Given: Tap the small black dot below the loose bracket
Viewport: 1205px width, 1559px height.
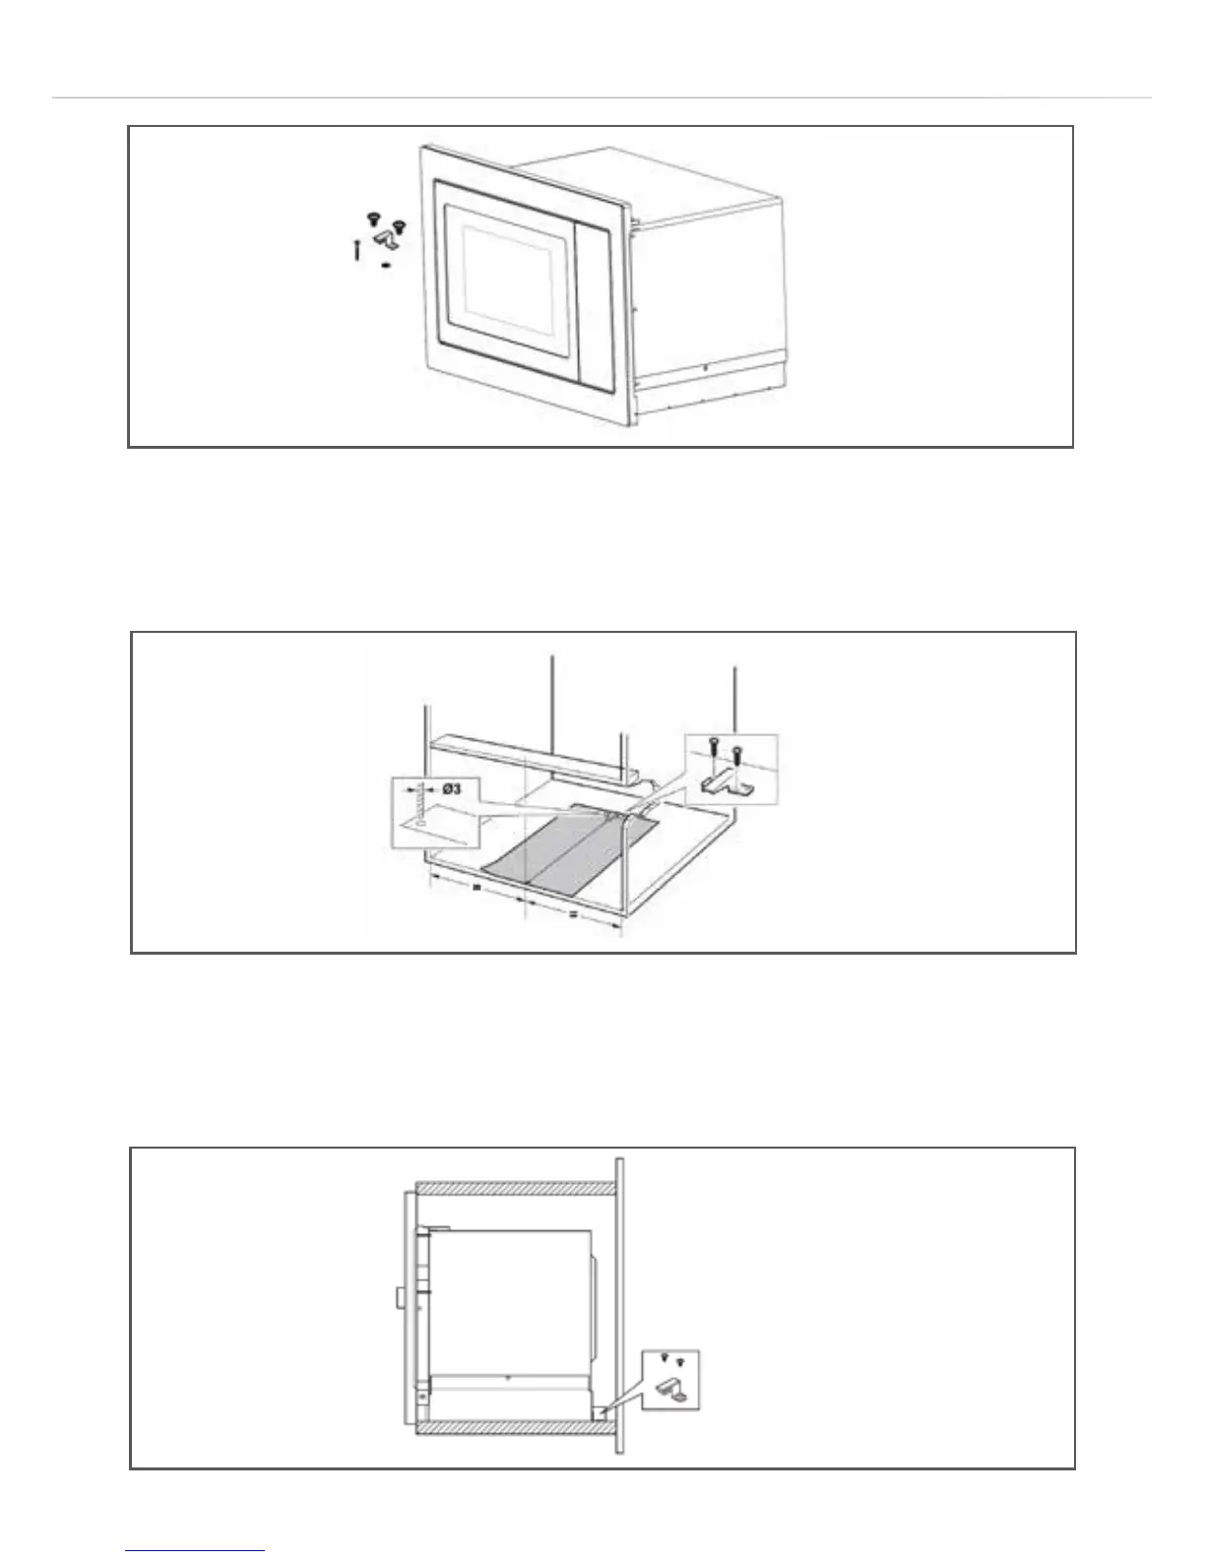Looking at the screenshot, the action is point(385,264).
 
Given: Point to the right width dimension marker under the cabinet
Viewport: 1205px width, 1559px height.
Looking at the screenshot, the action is point(573,913).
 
